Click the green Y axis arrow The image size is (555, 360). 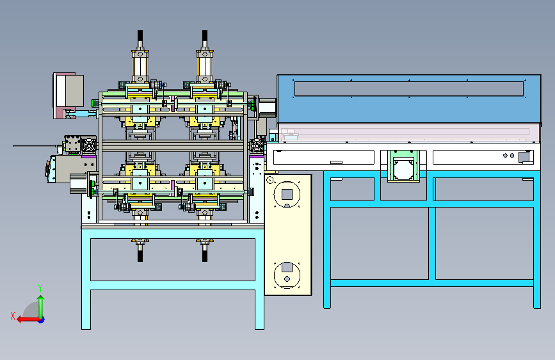click(41, 306)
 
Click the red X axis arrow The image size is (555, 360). click(28, 320)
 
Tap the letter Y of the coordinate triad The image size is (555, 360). click(40, 288)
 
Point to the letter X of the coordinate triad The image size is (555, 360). click(13, 316)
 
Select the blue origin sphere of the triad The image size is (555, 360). click(42, 320)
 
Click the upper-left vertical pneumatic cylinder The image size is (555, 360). click(140, 66)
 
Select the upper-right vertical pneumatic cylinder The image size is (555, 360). click(205, 66)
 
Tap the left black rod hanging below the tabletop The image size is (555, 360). click(140, 252)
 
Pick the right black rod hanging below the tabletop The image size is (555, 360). click(205, 252)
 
